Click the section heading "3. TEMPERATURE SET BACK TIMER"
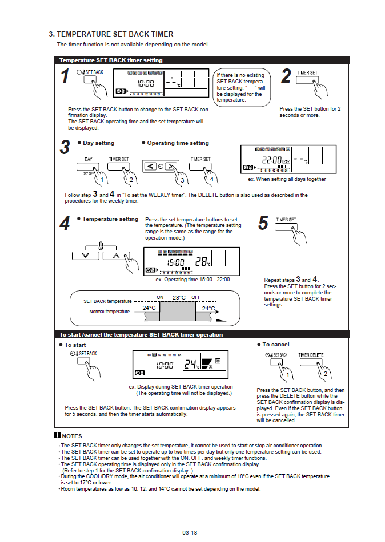tap(111, 34)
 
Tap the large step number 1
tap(66, 76)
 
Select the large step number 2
tap(286, 76)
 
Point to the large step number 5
tap(263, 223)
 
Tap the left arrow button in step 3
tap(151, 167)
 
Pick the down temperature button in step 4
tap(86, 255)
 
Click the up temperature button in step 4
tap(116, 255)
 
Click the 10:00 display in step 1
tap(145, 84)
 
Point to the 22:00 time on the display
tap(273, 160)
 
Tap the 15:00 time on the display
tap(175, 262)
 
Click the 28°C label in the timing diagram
tap(179, 297)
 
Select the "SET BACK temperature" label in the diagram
tap(107, 301)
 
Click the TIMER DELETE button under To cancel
tap(311, 363)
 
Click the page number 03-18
tap(190, 533)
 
